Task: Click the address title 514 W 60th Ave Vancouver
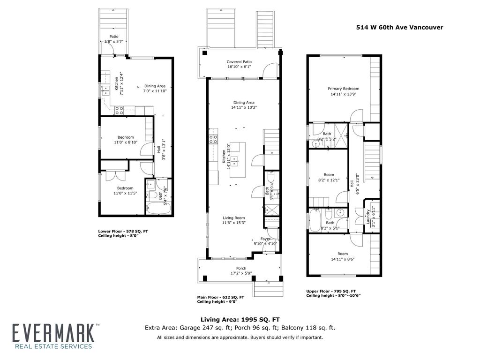[x=399, y=27]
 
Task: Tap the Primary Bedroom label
[x=343, y=89]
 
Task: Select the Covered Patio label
[x=239, y=62]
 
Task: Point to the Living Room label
[x=233, y=218]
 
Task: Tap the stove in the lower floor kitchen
[x=120, y=110]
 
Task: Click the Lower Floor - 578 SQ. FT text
[x=123, y=231]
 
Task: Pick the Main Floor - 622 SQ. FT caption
[x=220, y=297]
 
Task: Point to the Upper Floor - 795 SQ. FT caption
[x=330, y=291]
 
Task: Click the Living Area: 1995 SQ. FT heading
[x=240, y=319]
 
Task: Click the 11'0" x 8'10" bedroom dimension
[x=125, y=142]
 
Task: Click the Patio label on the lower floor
[x=114, y=37]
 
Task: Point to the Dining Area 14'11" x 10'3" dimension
[x=244, y=107]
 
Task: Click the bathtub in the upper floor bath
[x=315, y=220]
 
